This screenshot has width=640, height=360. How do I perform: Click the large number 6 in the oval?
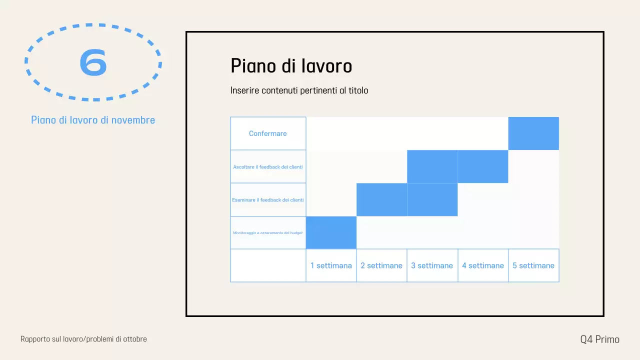point(93,62)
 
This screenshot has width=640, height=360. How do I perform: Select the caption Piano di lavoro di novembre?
point(93,120)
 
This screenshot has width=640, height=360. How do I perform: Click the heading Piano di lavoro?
point(291,66)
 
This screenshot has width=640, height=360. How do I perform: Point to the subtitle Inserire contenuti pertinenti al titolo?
point(299,90)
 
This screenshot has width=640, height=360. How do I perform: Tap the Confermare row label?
point(268,133)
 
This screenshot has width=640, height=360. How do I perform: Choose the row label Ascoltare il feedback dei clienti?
point(268,166)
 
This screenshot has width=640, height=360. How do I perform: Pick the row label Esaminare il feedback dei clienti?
point(268,199)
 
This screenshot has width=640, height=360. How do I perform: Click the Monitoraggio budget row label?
point(268,232)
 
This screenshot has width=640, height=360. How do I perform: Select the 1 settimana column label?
point(331,265)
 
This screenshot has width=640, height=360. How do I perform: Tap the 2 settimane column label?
point(381,265)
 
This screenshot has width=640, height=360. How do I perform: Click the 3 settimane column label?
point(432,265)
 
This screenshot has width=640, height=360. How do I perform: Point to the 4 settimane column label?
point(483,265)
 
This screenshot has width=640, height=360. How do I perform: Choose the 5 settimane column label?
point(533,265)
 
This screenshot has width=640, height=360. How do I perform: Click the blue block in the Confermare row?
point(533,133)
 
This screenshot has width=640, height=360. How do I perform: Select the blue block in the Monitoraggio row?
point(331,232)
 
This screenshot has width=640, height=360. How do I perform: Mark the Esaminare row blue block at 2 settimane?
point(381,199)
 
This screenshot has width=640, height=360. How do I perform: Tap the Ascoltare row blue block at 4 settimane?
point(483,166)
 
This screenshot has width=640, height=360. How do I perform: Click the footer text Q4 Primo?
point(599,339)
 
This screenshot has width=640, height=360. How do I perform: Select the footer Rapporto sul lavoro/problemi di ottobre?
point(83,339)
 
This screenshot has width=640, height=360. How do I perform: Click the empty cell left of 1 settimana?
point(268,265)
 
